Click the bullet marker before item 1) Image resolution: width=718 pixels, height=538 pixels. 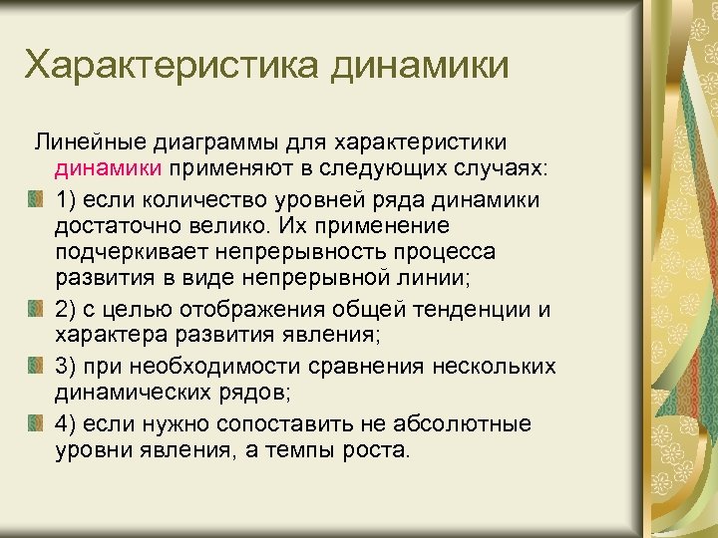(36, 200)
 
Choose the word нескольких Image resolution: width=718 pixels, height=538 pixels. (491, 367)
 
